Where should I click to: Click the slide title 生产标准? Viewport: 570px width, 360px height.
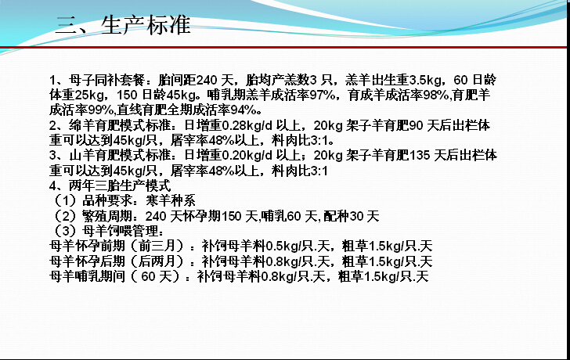[x=146, y=25]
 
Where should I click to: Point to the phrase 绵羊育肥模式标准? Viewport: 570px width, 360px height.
[x=120, y=125]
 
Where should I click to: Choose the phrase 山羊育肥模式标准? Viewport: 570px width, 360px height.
[x=120, y=156]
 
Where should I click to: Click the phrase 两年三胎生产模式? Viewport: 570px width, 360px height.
[x=120, y=185]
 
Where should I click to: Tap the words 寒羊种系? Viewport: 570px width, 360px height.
[x=171, y=200]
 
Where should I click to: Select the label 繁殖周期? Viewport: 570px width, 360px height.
[x=107, y=216]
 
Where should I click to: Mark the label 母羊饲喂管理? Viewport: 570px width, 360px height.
[x=120, y=231]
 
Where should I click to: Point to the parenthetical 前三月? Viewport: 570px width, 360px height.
[x=158, y=247]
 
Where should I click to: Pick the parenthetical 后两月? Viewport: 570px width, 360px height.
[x=158, y=261]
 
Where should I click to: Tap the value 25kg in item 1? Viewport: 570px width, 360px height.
[x=89, y=95]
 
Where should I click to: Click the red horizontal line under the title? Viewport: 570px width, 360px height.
[x=285, y=47]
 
